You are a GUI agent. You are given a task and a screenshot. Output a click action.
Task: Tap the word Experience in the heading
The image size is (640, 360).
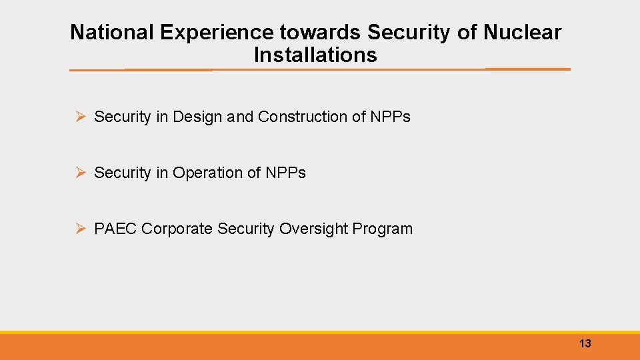tap(211, 32)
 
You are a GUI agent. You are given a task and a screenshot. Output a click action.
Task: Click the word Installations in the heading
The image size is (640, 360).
tap(315, 55)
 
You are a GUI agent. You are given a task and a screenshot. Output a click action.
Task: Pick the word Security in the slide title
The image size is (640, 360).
tap(409, 32)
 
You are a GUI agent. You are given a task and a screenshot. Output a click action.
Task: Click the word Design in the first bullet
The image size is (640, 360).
tap(197, 117)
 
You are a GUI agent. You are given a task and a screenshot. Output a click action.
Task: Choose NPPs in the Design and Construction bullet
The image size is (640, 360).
tap(390, 117)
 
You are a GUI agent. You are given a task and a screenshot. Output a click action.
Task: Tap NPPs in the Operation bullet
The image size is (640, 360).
tap(285, 173)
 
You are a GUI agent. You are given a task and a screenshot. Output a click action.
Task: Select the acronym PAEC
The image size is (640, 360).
tap(116, 229)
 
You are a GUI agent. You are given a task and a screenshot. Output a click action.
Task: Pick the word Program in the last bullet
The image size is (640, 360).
tap(383, 229)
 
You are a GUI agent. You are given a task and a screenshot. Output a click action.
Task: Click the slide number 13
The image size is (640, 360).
tap(585, 344)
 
